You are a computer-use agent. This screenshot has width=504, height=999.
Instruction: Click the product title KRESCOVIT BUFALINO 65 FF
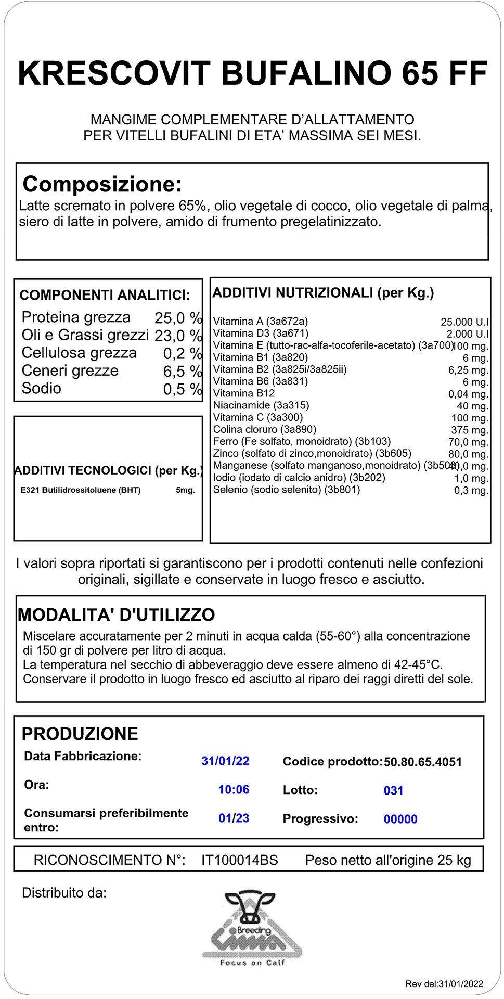pos(252,73)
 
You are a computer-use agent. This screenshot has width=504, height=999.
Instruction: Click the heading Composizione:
pos(102,184)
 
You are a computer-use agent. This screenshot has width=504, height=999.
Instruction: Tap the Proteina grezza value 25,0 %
pos(178,318)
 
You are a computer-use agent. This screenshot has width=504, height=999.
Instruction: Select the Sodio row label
pos(42,389)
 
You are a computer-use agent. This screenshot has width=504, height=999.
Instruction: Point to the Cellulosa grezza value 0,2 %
pos(182,353)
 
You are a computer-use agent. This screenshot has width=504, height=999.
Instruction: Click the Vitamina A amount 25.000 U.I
pos(464,322)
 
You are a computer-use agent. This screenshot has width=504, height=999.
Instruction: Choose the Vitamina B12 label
pos(244,393)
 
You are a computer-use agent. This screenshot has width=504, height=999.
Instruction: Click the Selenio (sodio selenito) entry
pos(287,490)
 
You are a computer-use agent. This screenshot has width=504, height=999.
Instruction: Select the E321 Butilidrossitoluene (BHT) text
pos(81,490)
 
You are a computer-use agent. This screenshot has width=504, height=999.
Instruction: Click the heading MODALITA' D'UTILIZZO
pos(117,615)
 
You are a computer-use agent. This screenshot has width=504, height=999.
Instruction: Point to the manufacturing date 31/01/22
pos(225,761)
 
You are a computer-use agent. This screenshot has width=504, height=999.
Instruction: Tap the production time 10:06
pos(234,790)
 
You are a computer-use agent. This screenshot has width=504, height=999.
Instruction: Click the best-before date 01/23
pos(234,818)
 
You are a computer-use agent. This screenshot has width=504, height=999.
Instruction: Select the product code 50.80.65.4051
pos(422,762)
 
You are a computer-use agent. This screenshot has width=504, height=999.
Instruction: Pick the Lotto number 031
pos(393,791)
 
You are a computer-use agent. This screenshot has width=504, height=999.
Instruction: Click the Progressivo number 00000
pos(400,819)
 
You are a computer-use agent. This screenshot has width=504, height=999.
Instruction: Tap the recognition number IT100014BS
pos(240,860)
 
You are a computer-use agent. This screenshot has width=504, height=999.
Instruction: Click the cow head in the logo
pos(250,905)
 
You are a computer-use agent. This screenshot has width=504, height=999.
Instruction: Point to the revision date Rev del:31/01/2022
pos(444,984)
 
